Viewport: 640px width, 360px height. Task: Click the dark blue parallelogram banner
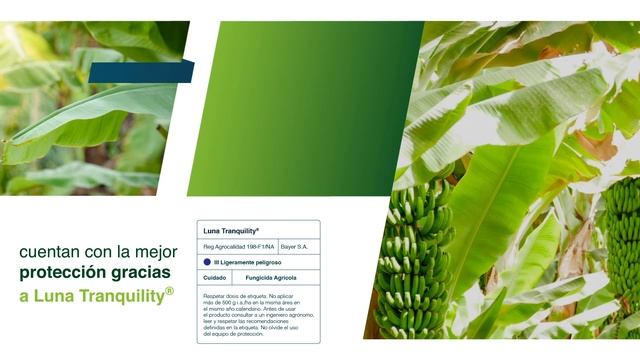(140, 72)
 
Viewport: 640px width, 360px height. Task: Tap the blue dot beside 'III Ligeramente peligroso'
(207, 262)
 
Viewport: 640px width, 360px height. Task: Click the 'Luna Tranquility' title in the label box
(231, 231)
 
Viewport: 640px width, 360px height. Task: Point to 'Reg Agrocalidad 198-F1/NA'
(238, 246)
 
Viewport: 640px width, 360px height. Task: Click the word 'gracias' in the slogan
(141, 272)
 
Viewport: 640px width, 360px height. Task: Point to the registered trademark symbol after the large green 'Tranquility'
(169, 291)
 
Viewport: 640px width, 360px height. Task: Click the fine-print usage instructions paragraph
(258, 315)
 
